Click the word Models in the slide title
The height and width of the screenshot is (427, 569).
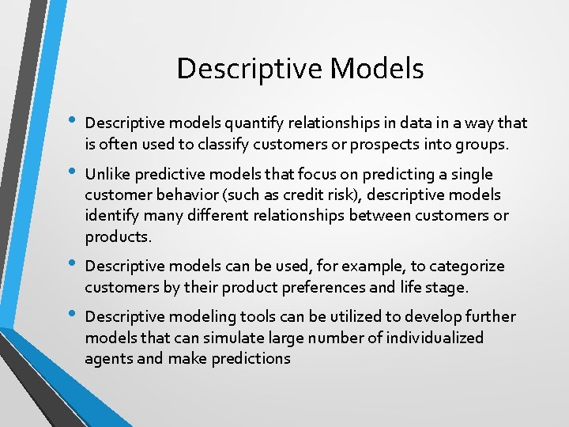(x=377, y=69)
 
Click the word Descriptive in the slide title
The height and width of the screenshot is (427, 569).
(x=249, y=69)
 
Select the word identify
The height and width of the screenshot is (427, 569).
(x=111, y=216)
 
